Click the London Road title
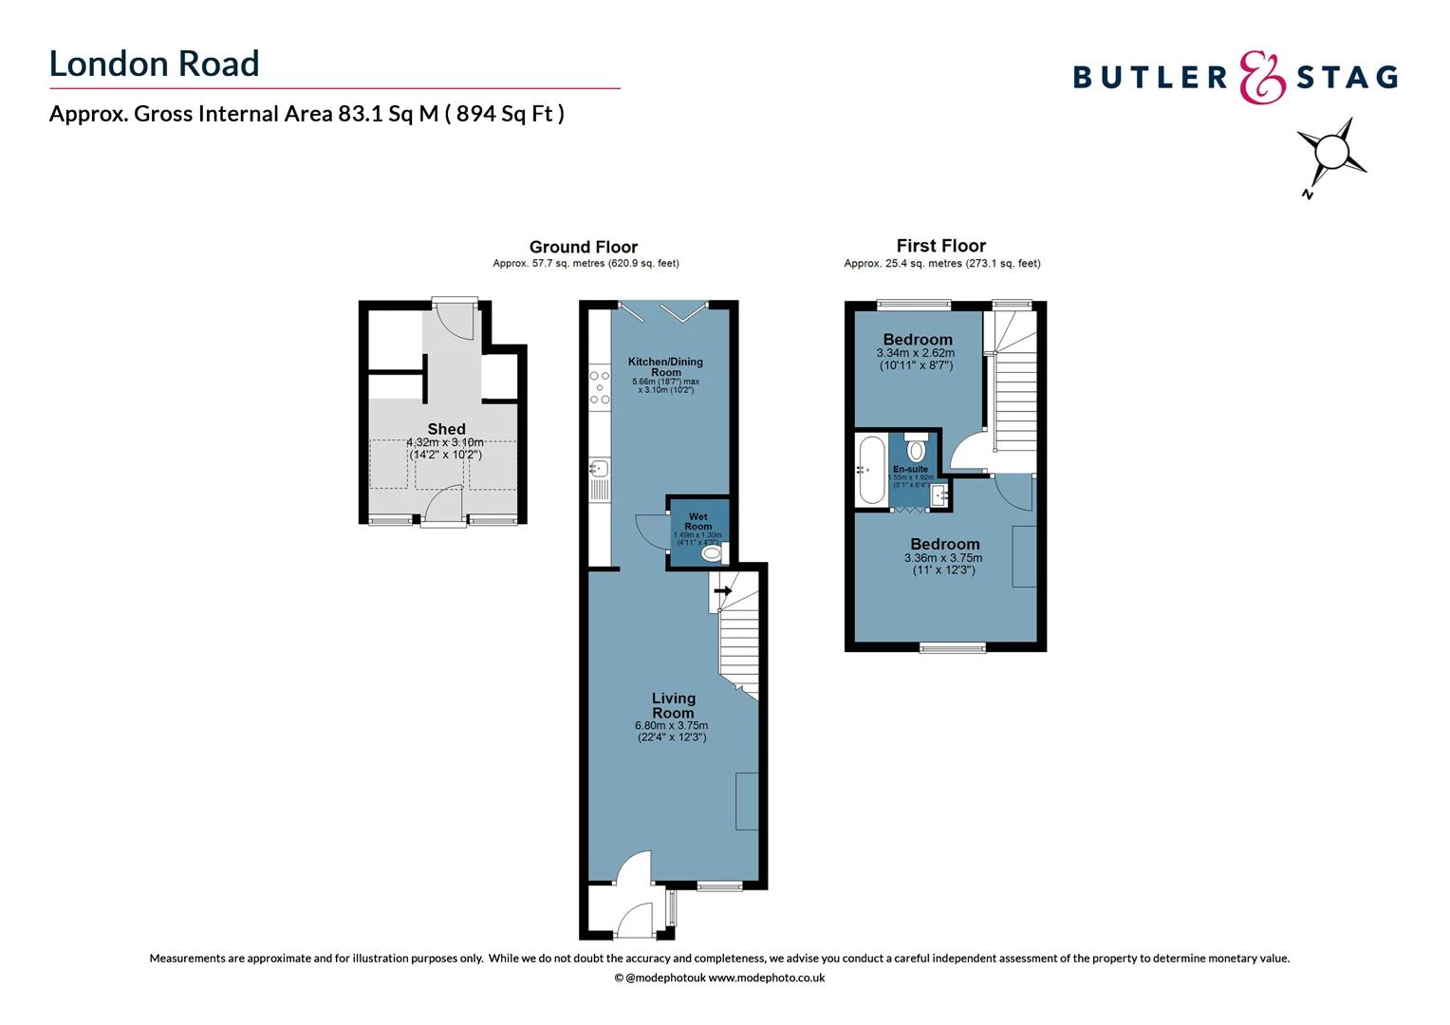pyautogui.click(x=154, y=64)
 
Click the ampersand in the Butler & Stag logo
pyautogui.click(x=1262, y=77)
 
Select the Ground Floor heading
pyautogui.click(x=583, y=247)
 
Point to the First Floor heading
pyautogui.click(x=940, y=246)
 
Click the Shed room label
pyautogui.click(x=446, y=429)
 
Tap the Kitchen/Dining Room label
pyautogui.click(x=665, y=366)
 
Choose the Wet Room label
pyautogui.click(x=697, y=521)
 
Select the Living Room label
pyautogui.click(x=673, y=705)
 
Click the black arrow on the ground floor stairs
pyautogui.click(x=723, y=590)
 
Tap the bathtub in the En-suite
pyautogui.click(x=870, y=470)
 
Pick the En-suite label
pyautogui.click(x=910, y=469)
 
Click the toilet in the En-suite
pyautogui.click(x=916, y=446)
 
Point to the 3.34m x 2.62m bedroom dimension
pyautogui.click(x=916, y=353)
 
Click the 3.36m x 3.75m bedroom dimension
pyautogui.click(x=943, y=558)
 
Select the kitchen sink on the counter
pyautogui.click(x=598, y=467)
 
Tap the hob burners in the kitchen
pyautogui.click(x=599, y=387)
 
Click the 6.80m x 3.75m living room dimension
pyautogui.click(x=672, y=726)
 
